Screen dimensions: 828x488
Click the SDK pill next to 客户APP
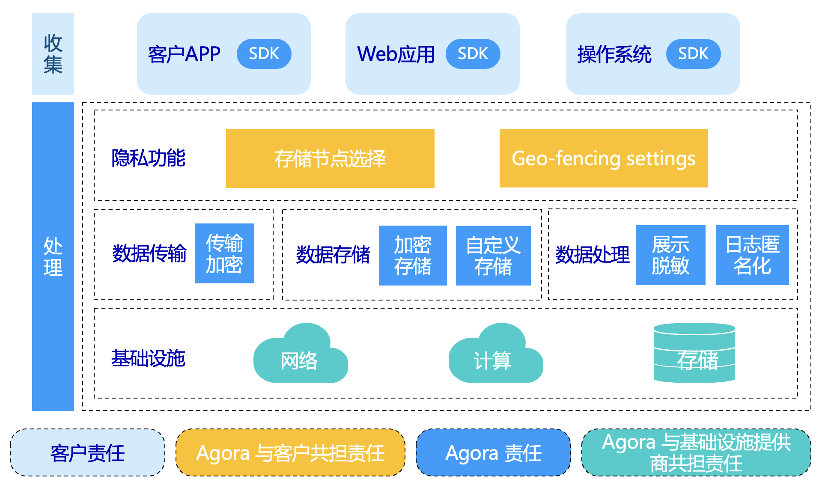tap(264, 54)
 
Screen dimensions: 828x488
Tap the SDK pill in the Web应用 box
tap(473, 54)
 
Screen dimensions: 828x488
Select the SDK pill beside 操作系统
tap(693, 54)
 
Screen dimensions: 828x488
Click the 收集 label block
tap(53, 54)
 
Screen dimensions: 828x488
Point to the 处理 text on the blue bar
tap(53, 257)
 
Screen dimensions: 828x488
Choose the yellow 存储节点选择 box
tap(330, 158)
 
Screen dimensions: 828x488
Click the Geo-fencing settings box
tap(604, 158)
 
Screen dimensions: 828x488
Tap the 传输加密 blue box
tap(224, 253)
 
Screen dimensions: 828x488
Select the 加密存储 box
tap(413, 256)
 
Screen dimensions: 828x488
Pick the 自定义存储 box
tap(493, 256)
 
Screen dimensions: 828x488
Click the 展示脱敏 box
tap(670, 255)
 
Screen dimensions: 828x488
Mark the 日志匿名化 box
tap(752, 255)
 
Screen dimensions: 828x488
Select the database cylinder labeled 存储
tap(694, 353)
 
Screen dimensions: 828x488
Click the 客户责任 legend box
tap(87, 452)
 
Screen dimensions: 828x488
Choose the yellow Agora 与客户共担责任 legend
tap(290, 452)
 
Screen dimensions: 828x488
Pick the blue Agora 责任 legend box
tap(493, 452)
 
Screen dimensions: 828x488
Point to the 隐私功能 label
tap(148, 158)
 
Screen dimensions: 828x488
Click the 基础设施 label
tap(148, 358)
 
